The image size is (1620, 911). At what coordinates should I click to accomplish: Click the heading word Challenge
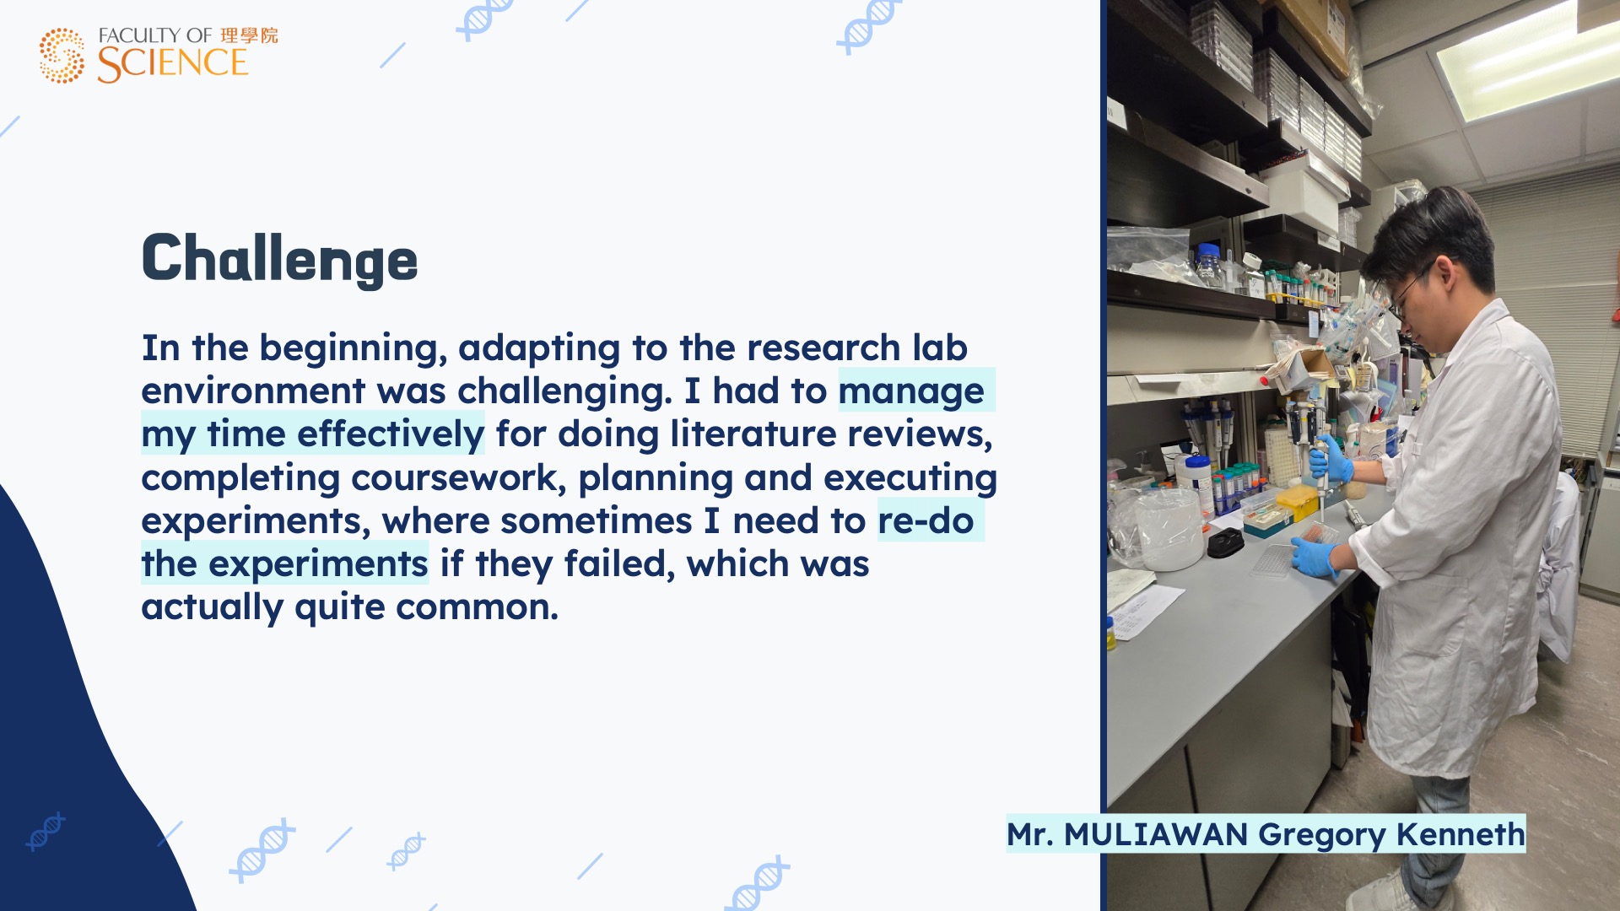279,260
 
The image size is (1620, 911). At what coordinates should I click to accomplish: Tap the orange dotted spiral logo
62,56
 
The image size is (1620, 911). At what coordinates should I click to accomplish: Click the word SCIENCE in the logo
172,64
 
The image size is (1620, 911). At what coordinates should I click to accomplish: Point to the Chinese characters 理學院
249,35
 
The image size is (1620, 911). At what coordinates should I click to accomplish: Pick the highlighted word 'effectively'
391,434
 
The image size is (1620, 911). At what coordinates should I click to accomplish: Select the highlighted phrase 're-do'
926,520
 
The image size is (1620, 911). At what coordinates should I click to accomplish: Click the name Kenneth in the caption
1461,834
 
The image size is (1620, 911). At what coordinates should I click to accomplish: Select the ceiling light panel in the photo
1527,63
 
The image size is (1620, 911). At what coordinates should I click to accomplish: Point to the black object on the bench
1225,544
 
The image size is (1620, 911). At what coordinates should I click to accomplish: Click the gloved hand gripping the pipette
1331,459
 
